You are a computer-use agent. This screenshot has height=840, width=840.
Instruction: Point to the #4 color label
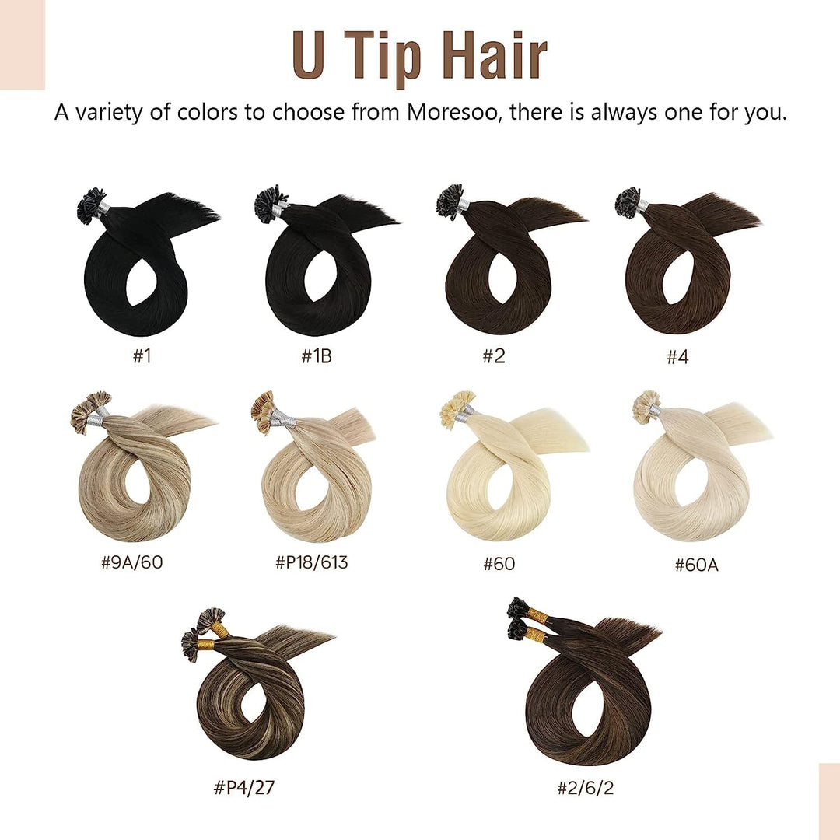pyautogui.click(x=678, y=357)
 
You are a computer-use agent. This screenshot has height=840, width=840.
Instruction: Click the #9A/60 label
pyautogui.click(x=132, y=562)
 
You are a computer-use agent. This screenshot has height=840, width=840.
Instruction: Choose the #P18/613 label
pyautogui.click(x=312, y=562)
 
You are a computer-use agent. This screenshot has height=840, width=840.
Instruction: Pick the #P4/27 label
pyautogui.click(x=244, y=788)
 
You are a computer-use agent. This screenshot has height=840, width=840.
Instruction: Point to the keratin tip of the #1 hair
pyautogui.click(x=91, y=204)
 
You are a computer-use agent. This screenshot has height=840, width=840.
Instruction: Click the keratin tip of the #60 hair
pyautogui.click(x=457, y=408)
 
